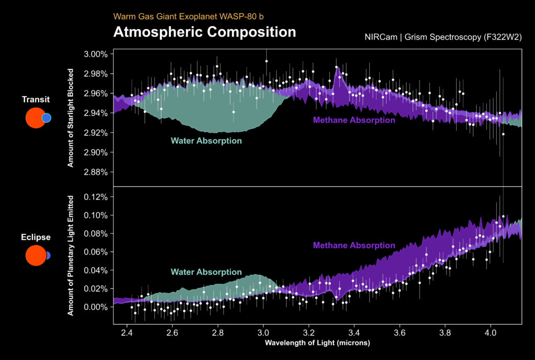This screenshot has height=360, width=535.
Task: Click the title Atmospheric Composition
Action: [x=204, y=32]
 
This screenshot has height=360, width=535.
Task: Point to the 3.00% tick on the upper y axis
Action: [x=96, y=54]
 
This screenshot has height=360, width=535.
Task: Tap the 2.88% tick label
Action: [x=96, y=172]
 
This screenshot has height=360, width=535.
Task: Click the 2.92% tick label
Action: [x=96, y=133]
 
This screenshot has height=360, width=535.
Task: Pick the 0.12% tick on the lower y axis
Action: [x=96, y=197]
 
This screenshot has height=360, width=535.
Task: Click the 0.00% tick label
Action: [x=96, y=307]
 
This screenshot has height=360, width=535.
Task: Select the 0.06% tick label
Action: [x=96, y=252]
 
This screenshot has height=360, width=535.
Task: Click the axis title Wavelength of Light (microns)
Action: [x=318, y=343]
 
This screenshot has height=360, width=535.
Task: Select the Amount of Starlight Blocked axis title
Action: [x=70, y=118]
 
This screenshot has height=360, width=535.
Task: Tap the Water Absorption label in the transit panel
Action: [x=206, y=141]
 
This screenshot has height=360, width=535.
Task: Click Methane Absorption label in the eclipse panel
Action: [x=354, y=245]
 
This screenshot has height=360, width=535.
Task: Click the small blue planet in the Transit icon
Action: [x=46, y=118]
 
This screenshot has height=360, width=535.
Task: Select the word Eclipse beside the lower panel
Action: [x=36, y=237]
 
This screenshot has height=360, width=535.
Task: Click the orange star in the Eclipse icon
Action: [x=35, y=256]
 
